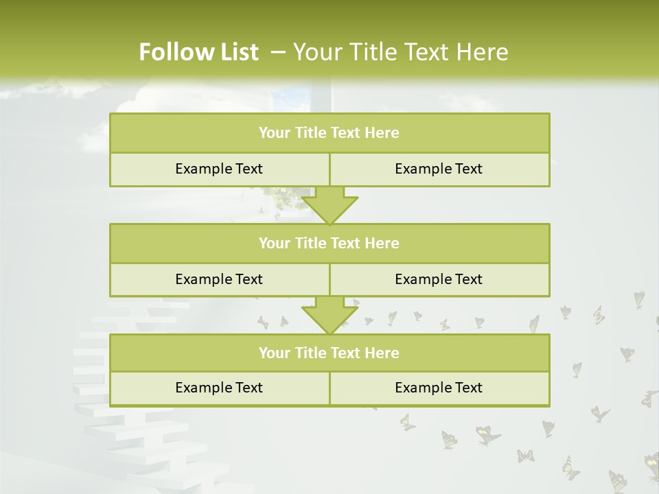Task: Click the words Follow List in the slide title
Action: click(x=198, y=52)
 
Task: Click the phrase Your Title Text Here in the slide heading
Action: click(x=400, y=52)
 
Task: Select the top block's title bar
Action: click(x=329, y=133)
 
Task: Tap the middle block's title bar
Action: click(x=329, y=243)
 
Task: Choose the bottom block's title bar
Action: click(x=329, y=353)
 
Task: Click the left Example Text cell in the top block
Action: click(x=219, y=169)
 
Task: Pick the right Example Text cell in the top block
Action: click(x=439, y=169)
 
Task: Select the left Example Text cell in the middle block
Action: click(x=219, y=279)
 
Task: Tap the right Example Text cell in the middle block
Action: click(x=439, y=279)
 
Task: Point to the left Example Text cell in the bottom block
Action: click(x=219, y=388)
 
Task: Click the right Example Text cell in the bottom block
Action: click(x=439, y=388)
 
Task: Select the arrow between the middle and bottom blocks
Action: click(x=329, y=315)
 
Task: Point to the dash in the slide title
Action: click(x=279, y=52)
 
